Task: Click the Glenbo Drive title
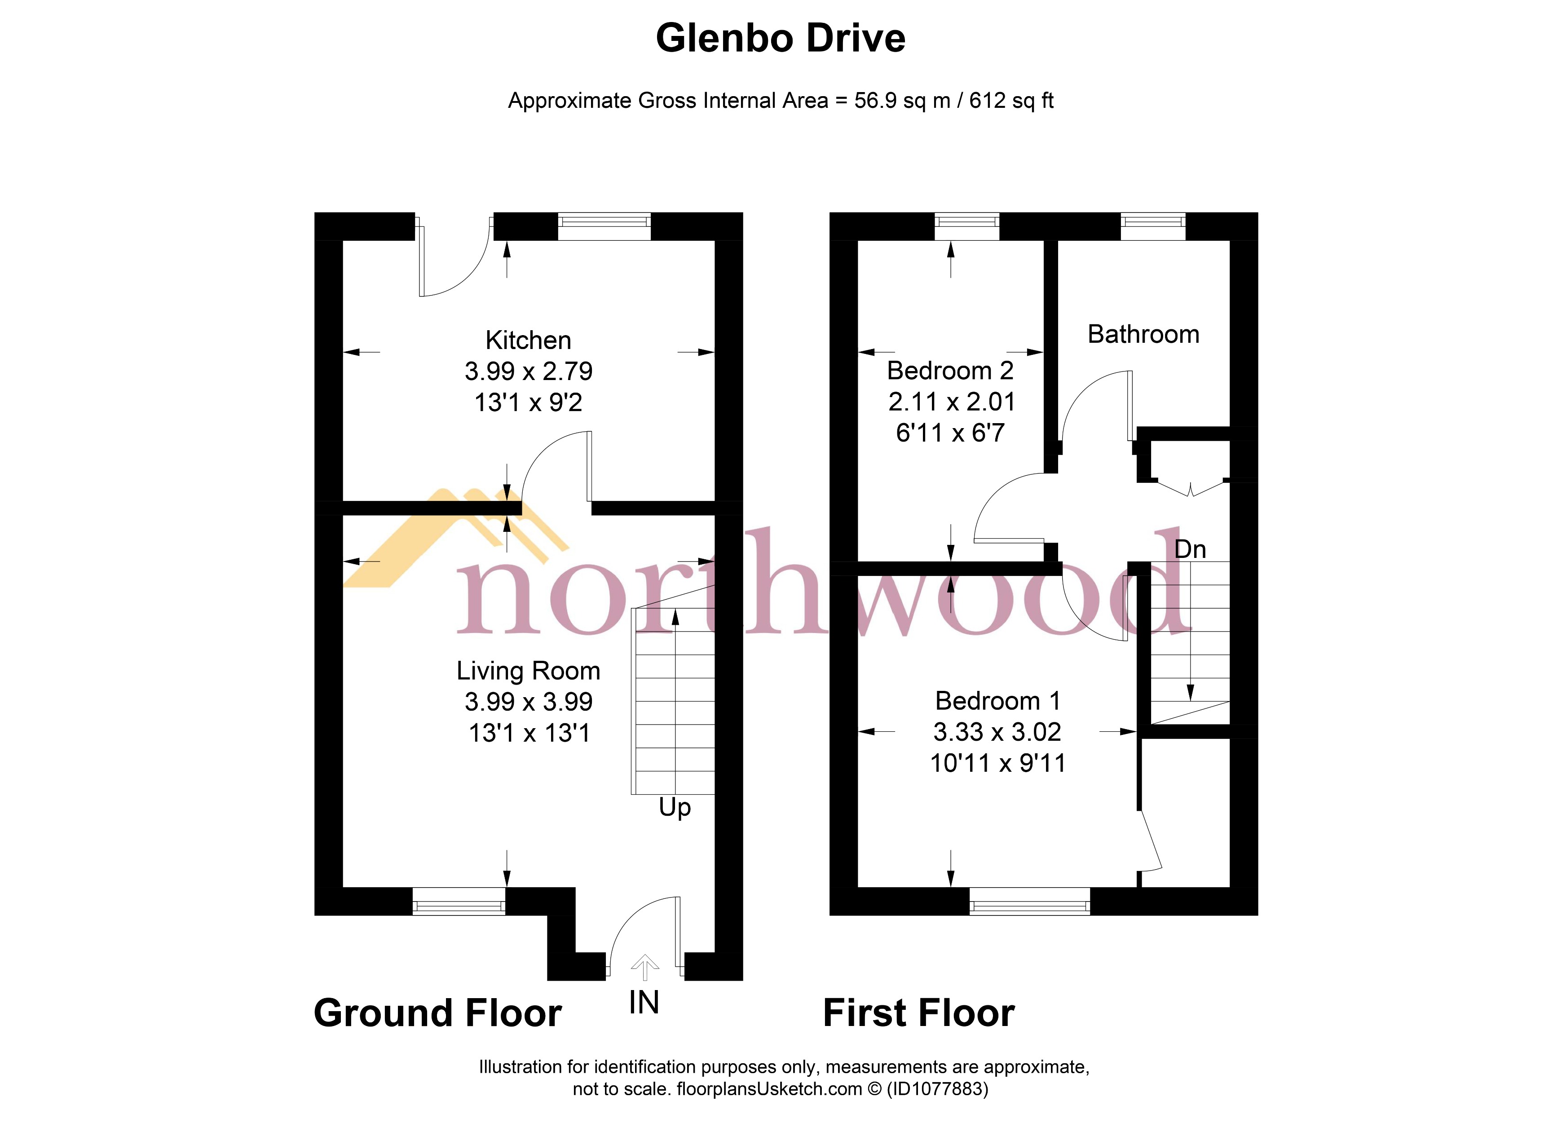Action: click(x=780, y=39)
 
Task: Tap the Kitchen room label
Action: click(x=528, y=340)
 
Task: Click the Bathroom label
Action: click(x=1143, y=334)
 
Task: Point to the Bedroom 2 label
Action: click(x=950, y=371)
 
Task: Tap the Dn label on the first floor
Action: click(x=1190, y=549)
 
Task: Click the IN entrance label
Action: click(x=644, y=1003)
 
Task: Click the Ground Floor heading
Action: click(x=437, y=1013)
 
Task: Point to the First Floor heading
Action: click(x=919, y=1013)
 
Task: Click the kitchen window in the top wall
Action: click(x=604, y=226)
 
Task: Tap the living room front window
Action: click(x=459, y=901)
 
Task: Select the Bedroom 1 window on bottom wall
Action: click(x=1030, y=901)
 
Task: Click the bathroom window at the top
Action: click(x=1153, y=226)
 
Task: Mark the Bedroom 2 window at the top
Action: click(x=966, y=226)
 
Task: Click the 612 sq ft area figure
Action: click(x=1011, y=101)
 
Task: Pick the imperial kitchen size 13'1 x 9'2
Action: click(x=528, y=402)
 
